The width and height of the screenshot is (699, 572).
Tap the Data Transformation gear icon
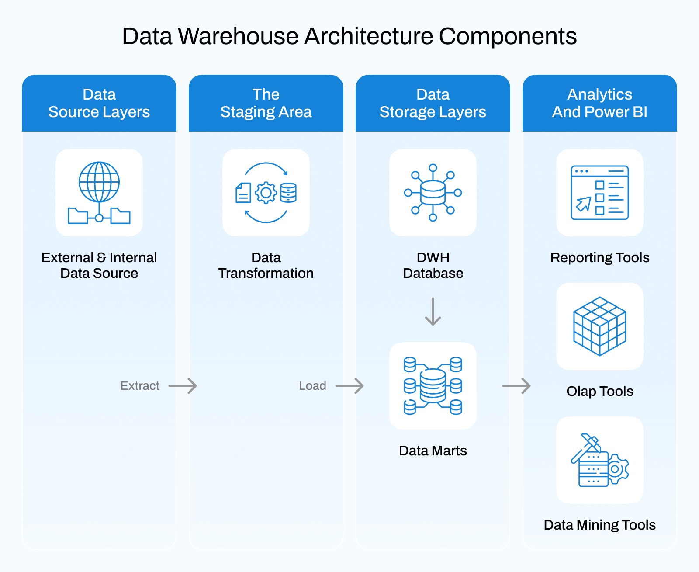[x=266, y=193]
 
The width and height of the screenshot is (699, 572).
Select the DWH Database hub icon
[x=433, y=193]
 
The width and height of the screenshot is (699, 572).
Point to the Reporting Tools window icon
[x=599, y=193]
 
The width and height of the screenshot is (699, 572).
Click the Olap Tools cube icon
[x=599, y=326]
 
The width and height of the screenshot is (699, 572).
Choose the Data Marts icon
[x=433, y=386]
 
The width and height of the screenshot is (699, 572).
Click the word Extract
[x=140, y=386]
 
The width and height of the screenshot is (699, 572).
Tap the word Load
[x=312, y=386]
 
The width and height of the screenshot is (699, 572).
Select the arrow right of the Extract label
[x=183, y=386]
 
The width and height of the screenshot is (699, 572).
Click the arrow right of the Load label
[x=349, y=386]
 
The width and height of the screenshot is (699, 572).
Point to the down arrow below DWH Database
[x=433, y=312]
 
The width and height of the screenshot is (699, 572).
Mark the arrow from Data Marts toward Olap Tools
[x=516, y=386]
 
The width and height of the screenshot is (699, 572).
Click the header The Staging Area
[x=266, y=103]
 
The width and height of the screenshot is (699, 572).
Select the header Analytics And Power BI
[x=599, y=103]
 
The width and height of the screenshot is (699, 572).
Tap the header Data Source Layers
[x=99, y=103]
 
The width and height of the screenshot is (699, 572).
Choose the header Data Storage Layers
[x=433, y=103]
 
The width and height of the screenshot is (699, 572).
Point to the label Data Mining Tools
[x=599, y=525]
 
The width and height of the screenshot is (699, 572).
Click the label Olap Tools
[x=599, y=391]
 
